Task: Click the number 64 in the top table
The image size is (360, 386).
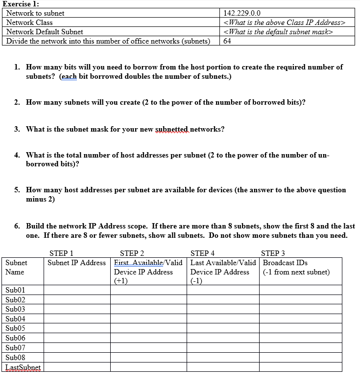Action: click(227, 41)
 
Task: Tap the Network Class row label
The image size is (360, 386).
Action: click(29, 23)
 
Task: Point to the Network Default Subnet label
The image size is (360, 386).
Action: click(45, 32)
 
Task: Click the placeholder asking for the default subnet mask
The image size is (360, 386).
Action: click(278, 32)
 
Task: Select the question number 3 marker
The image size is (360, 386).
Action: click(17, 129)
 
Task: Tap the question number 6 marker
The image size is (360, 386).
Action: click(17, 226)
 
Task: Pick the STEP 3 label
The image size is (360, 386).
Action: click(273, 253)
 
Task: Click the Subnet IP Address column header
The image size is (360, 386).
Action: click(76, 263)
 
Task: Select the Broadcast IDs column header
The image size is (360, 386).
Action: click(285, 263)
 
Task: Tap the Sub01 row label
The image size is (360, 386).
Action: click(15, 290)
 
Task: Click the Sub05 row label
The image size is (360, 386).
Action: click(15, 328)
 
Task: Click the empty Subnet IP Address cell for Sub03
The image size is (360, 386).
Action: click(77, 309)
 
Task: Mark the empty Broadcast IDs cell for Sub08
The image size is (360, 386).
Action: click(300, 358)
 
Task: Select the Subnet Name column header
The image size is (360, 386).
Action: click(17, 267)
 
